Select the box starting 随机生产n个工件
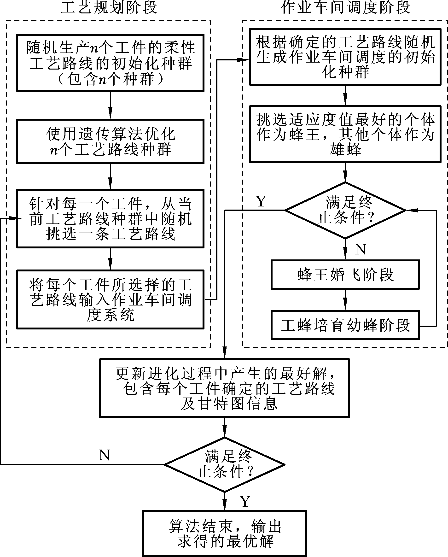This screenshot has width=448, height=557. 110,63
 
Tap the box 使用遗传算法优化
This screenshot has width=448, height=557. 110,141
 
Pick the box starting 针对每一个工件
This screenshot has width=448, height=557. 110,219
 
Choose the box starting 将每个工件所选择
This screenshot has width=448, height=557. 110,299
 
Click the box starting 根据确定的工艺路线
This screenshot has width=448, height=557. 345,57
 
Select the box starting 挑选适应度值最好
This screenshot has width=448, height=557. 345,134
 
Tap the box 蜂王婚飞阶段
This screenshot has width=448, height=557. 345,274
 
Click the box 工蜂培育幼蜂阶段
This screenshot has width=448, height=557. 345,325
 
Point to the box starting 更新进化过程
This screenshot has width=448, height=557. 224,388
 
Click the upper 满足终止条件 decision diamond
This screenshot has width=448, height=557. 345,210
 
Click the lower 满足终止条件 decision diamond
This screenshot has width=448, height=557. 224,464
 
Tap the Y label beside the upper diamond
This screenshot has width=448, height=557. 261,201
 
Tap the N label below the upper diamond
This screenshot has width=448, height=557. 361,250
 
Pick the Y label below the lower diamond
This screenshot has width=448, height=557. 245,501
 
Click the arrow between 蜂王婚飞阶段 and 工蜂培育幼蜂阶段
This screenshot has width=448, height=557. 345,300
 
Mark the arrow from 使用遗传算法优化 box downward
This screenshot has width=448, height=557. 110,176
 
